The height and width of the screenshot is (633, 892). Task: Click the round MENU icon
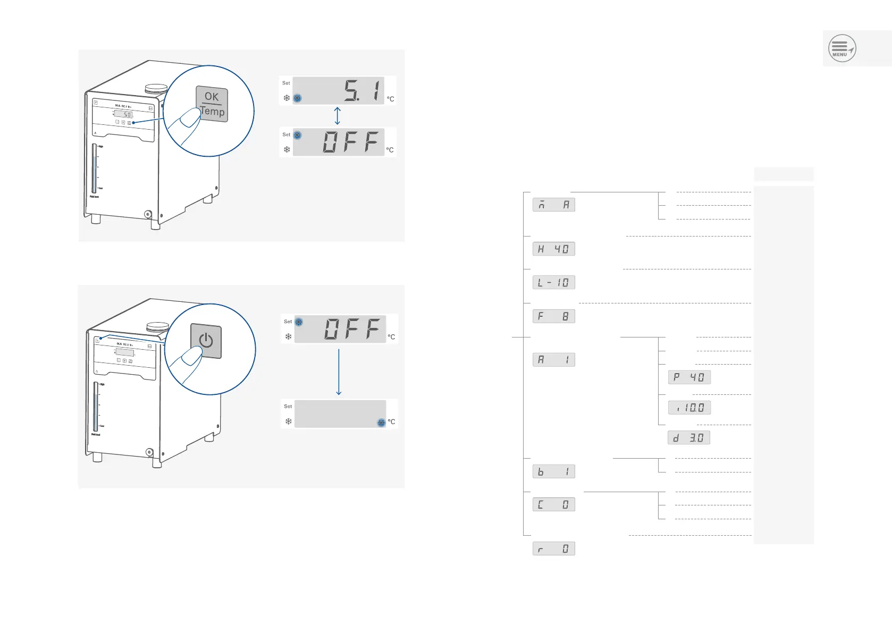click(842, 48)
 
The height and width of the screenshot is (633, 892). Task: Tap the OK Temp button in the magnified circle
click(212, 104)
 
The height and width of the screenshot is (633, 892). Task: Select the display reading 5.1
click(339, 90)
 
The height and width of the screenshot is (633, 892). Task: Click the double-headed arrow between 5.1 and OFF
click(337, 116)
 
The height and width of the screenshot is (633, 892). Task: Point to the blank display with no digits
click(340, 413)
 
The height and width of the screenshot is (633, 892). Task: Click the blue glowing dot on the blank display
click(381, 423)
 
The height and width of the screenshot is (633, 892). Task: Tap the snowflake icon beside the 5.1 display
click(287, 98)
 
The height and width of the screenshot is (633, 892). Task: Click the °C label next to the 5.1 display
click(391, 99)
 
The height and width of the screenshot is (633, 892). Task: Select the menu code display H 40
click(553, 249)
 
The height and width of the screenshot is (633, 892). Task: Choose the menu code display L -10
click(553, 282)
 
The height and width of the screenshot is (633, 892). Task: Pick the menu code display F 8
click(553, 316)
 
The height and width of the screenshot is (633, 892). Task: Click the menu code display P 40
click(689, 377)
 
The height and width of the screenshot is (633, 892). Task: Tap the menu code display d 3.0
click(688, 438)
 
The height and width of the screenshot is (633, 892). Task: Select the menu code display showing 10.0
click(689, 408)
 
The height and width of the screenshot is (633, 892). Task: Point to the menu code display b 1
click(553, 471)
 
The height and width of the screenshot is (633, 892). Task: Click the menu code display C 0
click(553, 504)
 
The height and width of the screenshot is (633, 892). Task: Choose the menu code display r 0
click(553, 548)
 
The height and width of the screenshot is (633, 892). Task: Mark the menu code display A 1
click(553, 360)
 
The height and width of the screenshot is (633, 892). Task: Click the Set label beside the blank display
click(288, 406)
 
